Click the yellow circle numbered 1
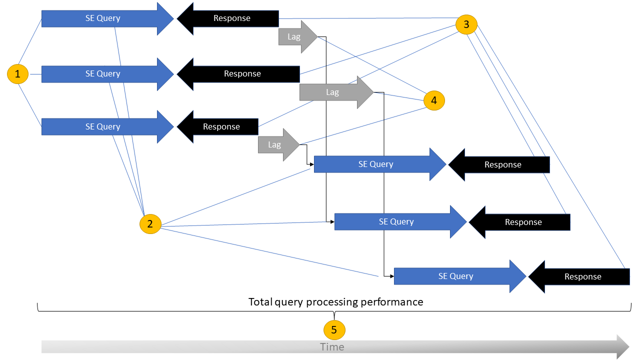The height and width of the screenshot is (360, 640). (18, 74)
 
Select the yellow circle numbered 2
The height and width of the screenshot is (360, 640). (150, 223)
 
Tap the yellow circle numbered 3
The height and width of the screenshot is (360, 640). (466, 24)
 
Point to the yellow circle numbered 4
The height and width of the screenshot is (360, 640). (433, 100)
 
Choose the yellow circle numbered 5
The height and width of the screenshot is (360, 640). (334, 329)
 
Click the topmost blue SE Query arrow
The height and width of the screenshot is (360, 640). (103, 18)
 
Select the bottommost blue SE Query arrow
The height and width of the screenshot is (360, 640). (455, 276)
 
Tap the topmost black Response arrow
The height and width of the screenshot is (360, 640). (232, 18)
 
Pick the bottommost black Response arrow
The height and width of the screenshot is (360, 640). (582, 276)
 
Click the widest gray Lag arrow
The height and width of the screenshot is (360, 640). (333, 92)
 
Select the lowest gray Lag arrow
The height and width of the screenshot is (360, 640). (275, 145)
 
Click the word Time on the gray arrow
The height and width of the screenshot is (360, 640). (332, 347)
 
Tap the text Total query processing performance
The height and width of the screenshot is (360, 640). (335, 302)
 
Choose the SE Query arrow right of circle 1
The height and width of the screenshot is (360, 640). (103, 73)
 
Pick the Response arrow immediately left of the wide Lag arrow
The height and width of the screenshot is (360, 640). (242, 73)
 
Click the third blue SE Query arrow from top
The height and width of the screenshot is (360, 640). (103, 126)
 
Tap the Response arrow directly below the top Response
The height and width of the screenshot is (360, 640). (242, 73)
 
